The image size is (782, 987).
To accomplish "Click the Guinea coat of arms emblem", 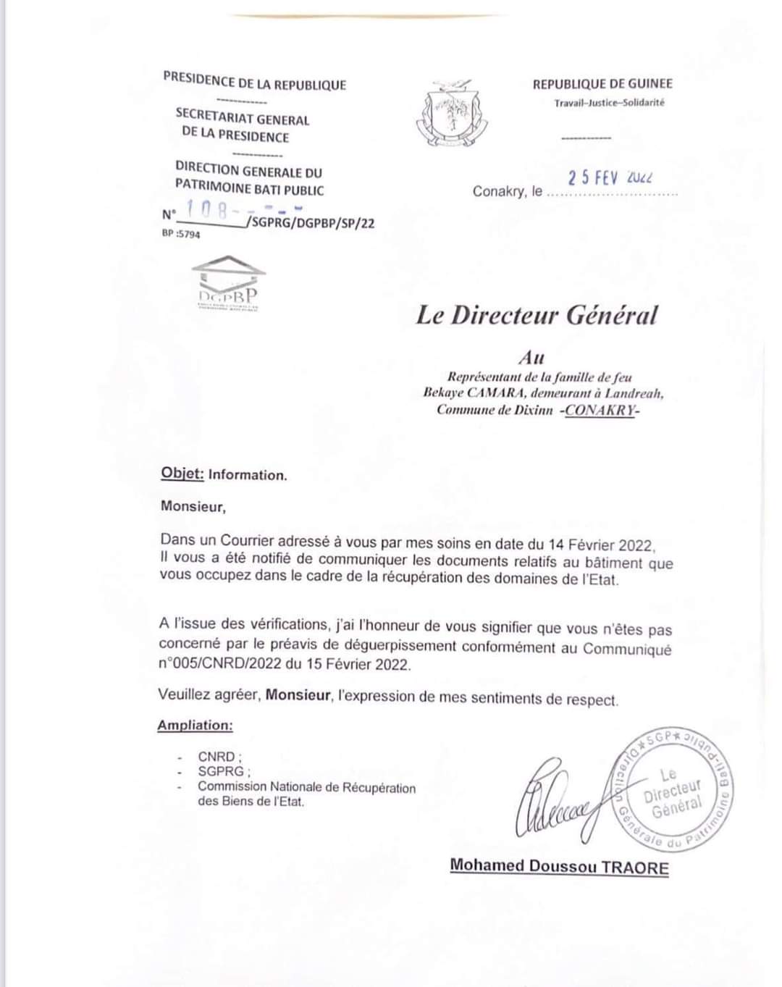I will [x=448, y=114].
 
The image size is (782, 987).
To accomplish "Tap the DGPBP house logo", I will [x=228, y=283].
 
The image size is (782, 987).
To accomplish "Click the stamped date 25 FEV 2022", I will [x=610, y=177].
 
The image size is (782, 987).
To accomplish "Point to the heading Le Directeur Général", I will [x=537, y=316].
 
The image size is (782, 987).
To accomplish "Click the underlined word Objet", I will [x=182, y=474].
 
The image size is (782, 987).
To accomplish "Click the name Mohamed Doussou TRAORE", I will [x=559, y=866].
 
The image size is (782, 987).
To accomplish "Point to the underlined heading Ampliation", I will [x=195, y=725].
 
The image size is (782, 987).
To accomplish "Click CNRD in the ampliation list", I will [x=216, y=757].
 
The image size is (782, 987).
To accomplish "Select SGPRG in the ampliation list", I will [x=221, y=772].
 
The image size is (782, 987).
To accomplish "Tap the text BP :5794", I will [x=181, y=235].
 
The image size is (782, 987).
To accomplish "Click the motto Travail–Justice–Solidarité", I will [x=609, y=103].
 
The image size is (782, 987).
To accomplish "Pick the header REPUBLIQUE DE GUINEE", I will [x=602, y=84].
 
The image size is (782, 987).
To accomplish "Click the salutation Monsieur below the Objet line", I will [x=193, y=507].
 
